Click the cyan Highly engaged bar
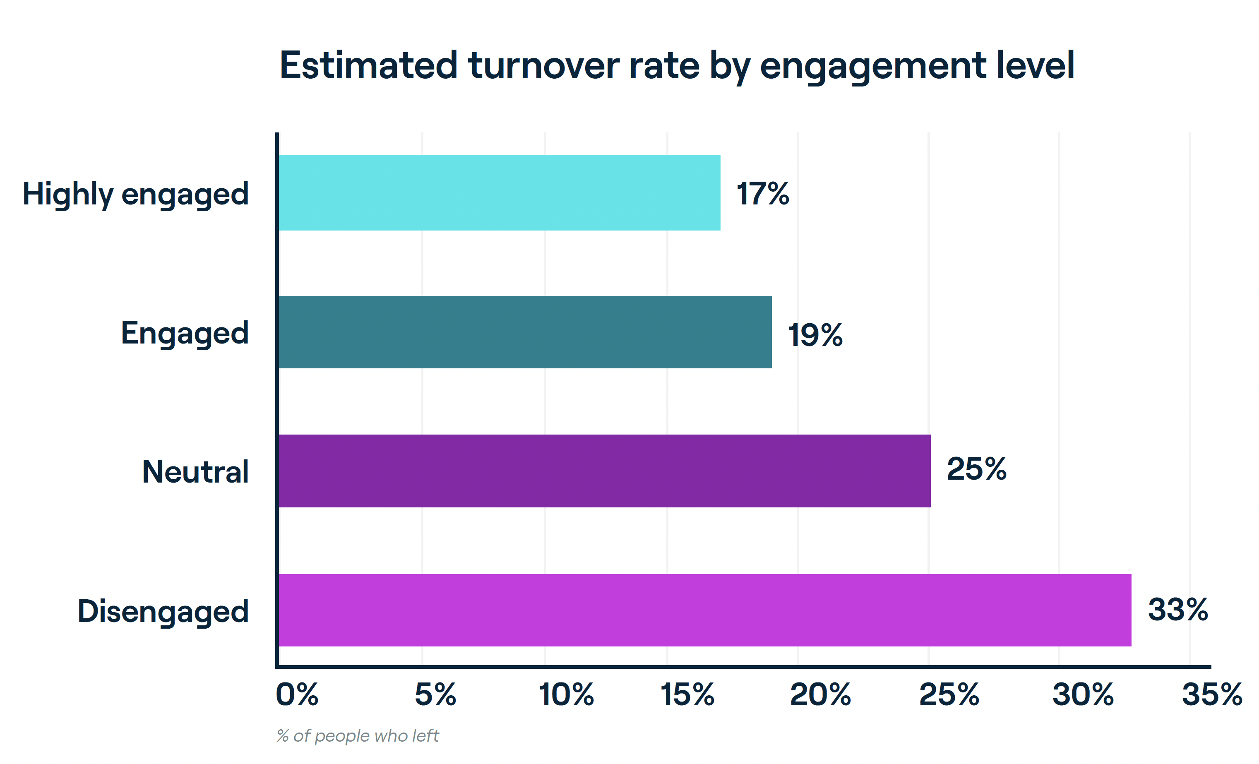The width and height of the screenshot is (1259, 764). (499, 193)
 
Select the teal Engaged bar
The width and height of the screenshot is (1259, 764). (525, 332)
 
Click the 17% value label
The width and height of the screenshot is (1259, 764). (762, 194)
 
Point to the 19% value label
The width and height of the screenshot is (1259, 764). (815, 335)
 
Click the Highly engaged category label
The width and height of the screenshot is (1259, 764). (135, 195)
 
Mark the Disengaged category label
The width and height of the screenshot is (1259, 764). (163, 611)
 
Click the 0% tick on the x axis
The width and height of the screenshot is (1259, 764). (297, 694)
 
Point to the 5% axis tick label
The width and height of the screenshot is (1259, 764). (435, 694)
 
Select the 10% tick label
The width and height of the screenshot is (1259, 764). (566, 694)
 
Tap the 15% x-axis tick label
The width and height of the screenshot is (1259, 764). (687, 694)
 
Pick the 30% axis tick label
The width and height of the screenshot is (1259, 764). (1083, 694)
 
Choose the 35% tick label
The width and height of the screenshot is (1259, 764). (1212, 694)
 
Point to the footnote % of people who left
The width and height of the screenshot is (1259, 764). (358, 736)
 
